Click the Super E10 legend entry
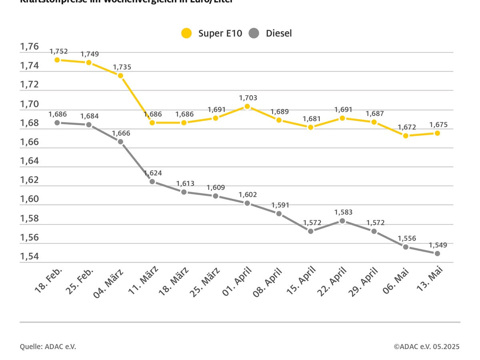[212, 33]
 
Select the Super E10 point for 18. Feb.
[57, 60]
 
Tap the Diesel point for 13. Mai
[438, 254]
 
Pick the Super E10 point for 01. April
[247, 106]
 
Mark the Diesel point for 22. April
[342, 221]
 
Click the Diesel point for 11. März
[152, 182]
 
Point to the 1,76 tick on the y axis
[30, 47]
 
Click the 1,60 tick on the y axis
[30, 199]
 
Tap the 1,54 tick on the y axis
[30, 256]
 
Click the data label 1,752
[59, 51]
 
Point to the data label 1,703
[248, 98]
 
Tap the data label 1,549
[438, 245]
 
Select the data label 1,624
[153, 173]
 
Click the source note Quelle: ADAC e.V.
[48, 346]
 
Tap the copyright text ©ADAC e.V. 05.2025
[426, 346]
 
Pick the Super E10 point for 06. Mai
[406, 136]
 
